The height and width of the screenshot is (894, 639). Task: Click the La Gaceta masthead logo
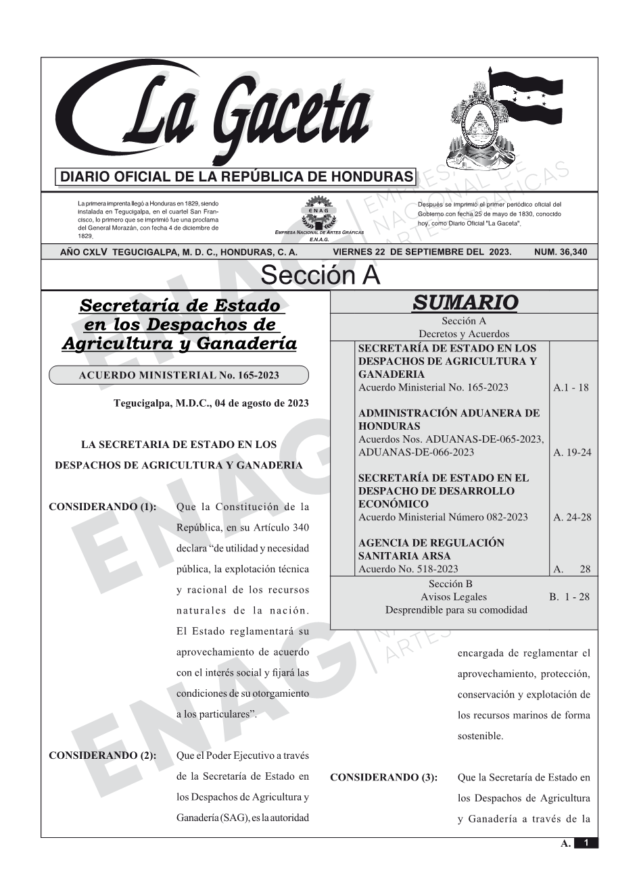tap(216, 115)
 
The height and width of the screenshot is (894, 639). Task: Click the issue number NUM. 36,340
tap(561, 252)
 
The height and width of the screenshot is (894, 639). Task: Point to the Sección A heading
tap(320, 276)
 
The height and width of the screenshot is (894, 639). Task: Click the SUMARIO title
tap(465, 303)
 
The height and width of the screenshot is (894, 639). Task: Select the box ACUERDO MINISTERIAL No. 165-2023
tap(179, 375)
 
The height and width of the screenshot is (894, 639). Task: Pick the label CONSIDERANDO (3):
tap(383, 778)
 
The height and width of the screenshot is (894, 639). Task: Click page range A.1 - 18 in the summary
tap(571, 388)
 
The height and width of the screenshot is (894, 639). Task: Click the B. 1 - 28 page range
tap(569, 597)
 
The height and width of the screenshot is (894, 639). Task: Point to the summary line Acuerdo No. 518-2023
tap(408, 569)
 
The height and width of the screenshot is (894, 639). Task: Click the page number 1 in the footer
tap(586, 843)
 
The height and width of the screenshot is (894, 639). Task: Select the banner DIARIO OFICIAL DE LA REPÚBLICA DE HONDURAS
tap(237, 177)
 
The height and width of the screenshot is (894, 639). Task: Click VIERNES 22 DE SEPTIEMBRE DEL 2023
tap(422, 252)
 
